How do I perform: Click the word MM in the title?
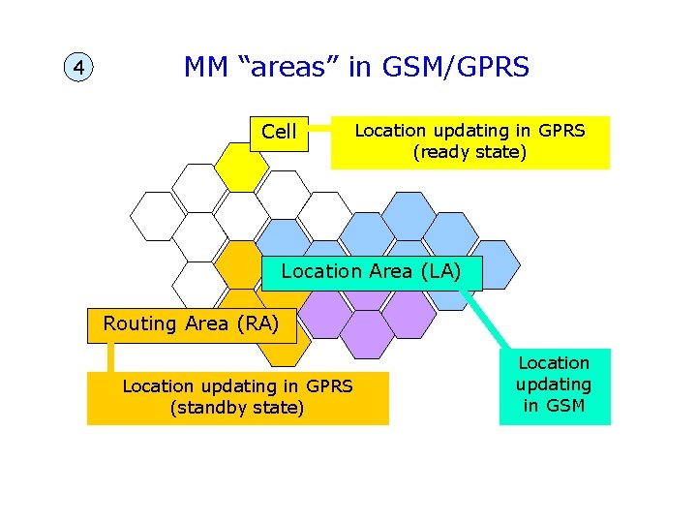(x=205, y=67)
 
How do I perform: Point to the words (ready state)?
(x=470, y=152)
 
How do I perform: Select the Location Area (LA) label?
(x=372, y=271)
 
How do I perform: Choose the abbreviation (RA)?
(x=256, y=323)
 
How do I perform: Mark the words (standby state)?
(x=237, y=408)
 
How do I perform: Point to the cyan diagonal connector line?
(x=489, y=320)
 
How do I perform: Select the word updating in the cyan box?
(x=554, y=384)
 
